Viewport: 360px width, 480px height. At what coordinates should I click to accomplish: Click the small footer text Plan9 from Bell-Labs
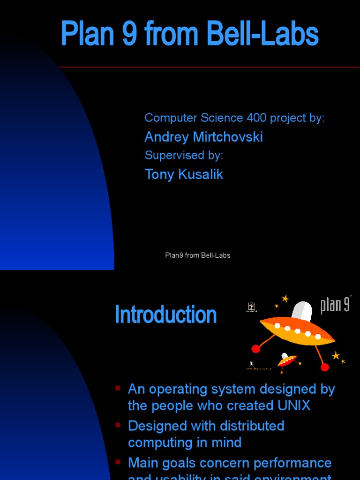(x=197, y=255)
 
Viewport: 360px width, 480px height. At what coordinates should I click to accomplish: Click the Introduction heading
(x=165, y=315)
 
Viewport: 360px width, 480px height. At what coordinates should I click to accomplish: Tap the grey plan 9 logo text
(x=335, y=305)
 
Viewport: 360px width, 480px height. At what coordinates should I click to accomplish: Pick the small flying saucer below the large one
(x=287, y=360)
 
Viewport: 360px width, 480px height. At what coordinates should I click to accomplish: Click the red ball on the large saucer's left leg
(x=255, y=349)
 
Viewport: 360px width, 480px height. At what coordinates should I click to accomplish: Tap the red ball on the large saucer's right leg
(x=325, y=367)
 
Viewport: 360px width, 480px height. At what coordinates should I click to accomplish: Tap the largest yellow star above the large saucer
(x=285, y=299)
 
